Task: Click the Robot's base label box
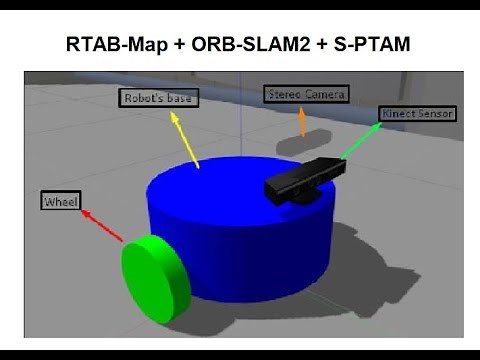(157, 98)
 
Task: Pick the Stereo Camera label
(306, 94)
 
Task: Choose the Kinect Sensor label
(418, 114)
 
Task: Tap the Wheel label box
(59, 202)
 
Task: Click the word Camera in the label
(325, 94)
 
